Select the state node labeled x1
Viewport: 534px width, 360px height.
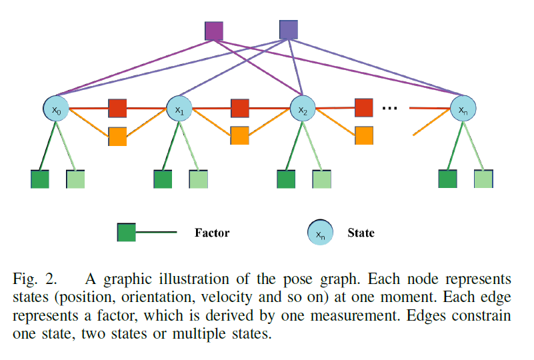tap(179, 109)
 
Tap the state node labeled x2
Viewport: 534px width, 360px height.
tap(302, 109)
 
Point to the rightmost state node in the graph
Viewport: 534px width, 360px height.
tap(463, 109)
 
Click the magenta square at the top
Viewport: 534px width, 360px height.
tap(213, 31)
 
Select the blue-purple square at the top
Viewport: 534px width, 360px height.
tap(288, 29)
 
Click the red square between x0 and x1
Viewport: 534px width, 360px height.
tap(117, 108)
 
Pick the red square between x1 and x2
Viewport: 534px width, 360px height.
tap(240, 108)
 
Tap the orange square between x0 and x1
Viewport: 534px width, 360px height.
tap(117, 136)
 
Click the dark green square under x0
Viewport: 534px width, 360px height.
tap(40, 179)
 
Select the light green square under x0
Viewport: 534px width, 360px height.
tap(75, 179)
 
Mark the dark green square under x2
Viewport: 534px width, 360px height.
tap(286, 179)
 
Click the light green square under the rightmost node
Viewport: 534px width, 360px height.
tap(483, 179)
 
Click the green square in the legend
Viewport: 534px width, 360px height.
tap(126, 233)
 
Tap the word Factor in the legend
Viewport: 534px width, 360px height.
tap(212, 233)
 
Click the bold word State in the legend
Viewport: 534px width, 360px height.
tap(361, 233)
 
